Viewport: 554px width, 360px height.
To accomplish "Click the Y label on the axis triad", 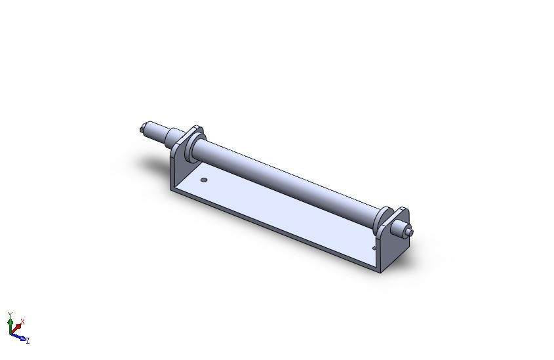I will (x=10, y=315).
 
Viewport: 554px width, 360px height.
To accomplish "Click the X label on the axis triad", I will (x=23, y=321).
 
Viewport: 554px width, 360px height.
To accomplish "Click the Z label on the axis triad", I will (x=28, y=340).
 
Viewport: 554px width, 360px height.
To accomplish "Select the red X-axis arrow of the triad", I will (x=18, y=326).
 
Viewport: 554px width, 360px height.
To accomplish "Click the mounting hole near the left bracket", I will (x=204, y=179).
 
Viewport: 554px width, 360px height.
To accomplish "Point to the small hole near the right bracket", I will (x=374, y=248).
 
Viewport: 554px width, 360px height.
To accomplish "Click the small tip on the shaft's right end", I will (x=410, y=232).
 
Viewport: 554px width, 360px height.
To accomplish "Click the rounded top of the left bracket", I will (x=196, y=128).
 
